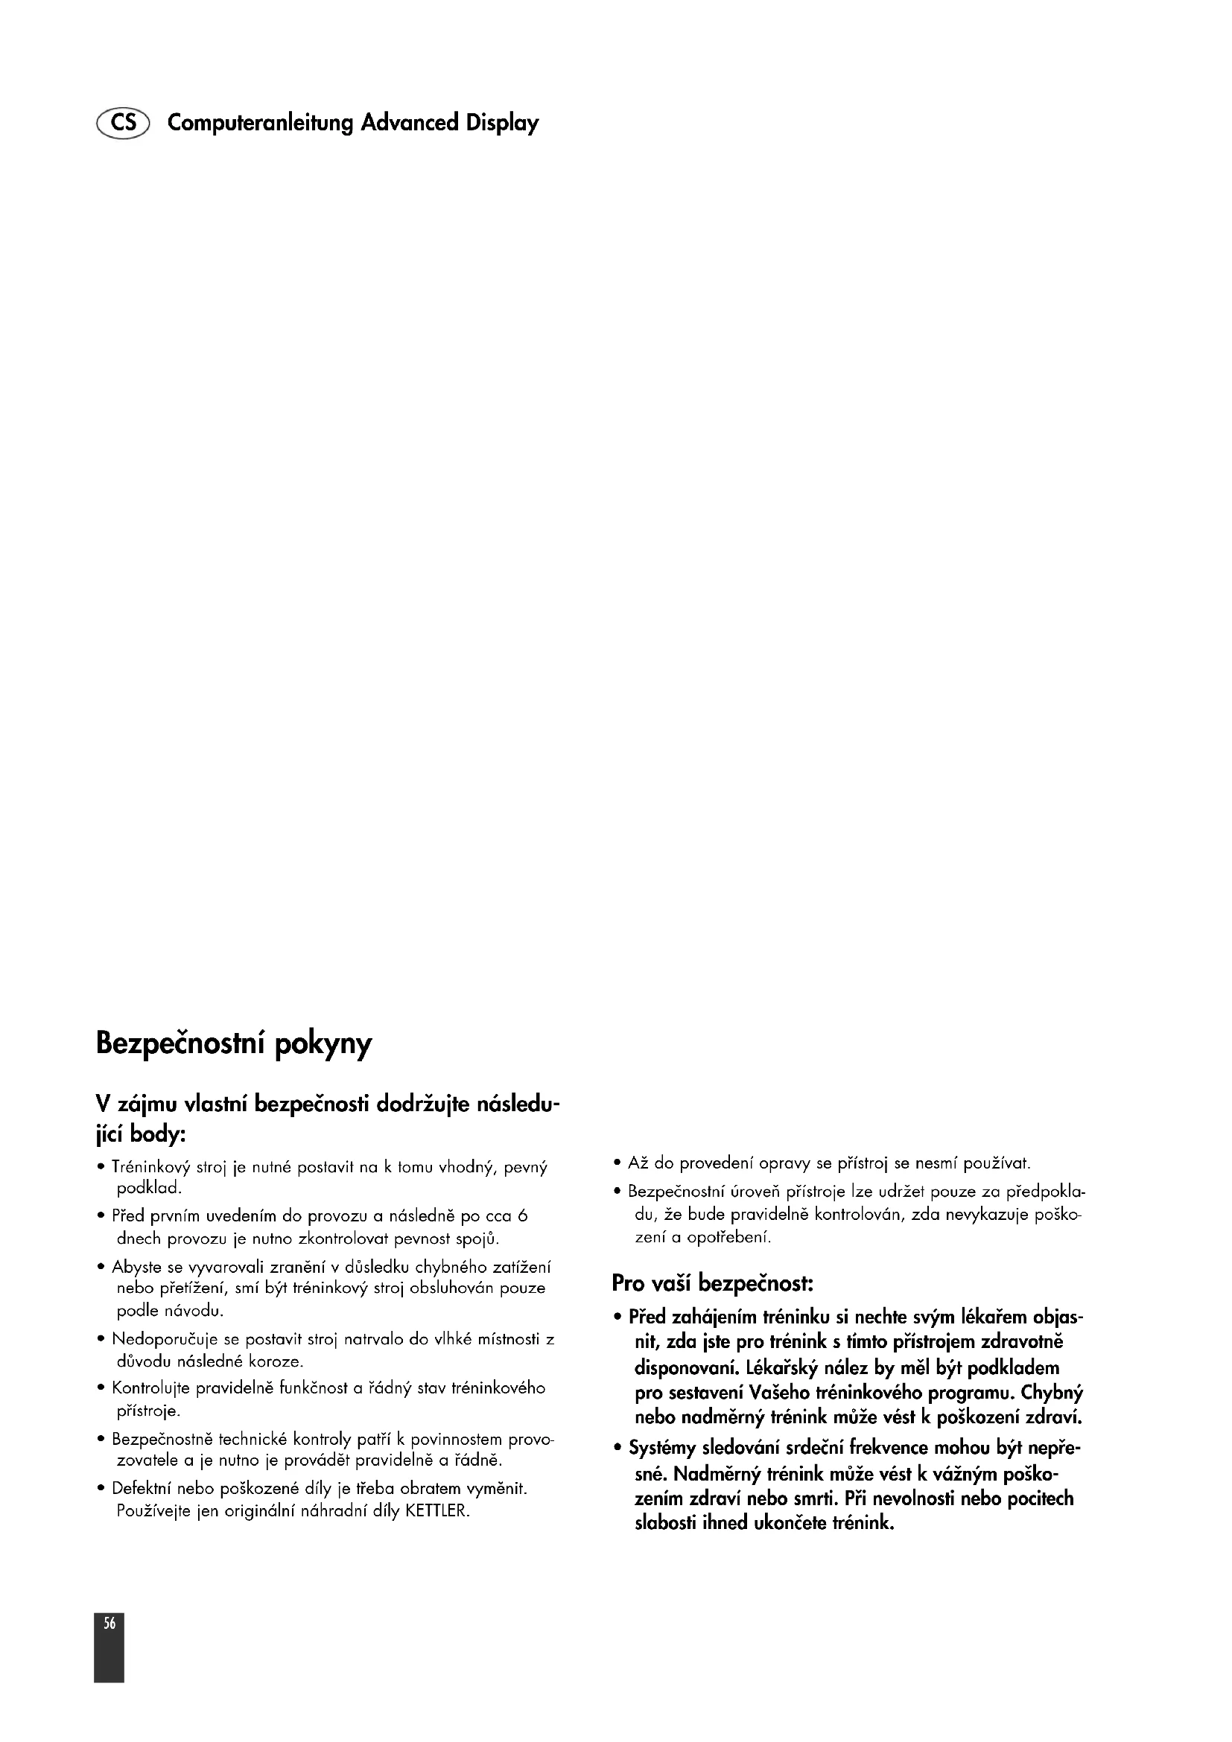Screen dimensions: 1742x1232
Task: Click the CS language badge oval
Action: [x=123, y=122]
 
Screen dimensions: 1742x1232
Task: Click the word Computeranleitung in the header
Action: [x=260, y=123]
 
